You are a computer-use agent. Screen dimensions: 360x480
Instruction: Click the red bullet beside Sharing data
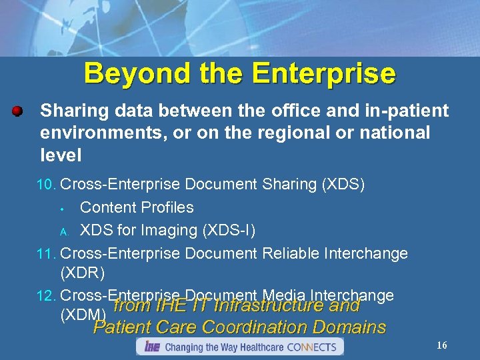(x=18, y=110)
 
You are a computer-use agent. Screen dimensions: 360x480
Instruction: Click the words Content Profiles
(x=137, y=207)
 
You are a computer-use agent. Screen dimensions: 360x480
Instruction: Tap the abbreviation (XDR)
(x=82, y=273)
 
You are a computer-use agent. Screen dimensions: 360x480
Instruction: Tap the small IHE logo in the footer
(x=151, y=347)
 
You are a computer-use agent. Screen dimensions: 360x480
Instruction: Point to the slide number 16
(x=441, y=345)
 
